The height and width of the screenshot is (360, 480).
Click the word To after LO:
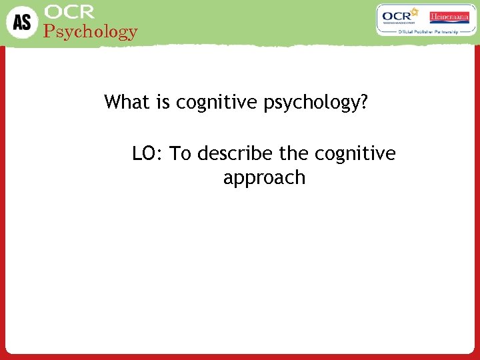(x=181, y=154)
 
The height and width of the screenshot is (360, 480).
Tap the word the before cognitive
(x=293, y=154)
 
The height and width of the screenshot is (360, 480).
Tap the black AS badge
(x=21, y=21)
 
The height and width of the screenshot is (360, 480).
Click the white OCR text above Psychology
(x=69, y=12)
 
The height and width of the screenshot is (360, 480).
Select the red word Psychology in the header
(x=91, y=31)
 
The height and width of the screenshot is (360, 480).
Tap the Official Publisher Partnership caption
(x=426, y=31)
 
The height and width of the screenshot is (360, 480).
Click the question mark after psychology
(x=364, y=102)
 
